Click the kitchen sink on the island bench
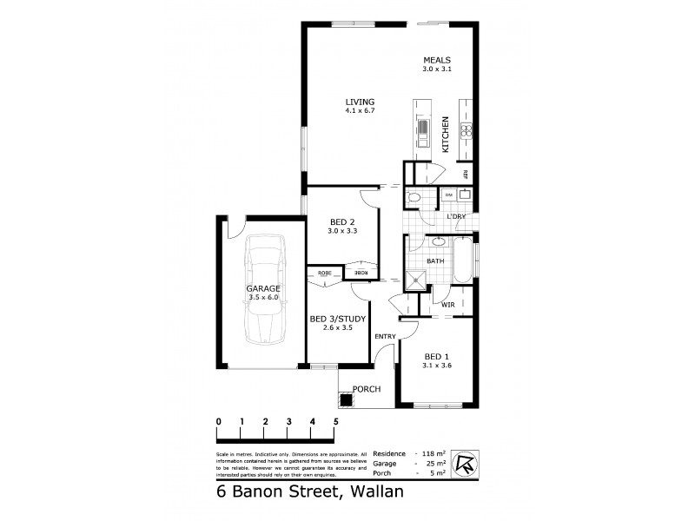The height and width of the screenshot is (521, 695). tap(422, 131)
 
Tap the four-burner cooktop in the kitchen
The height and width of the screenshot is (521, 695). tap(466, 132)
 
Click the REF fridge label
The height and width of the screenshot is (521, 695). tap(466, 175)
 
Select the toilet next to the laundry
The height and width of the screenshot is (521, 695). tap(415, 199)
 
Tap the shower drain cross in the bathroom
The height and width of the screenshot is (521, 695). tap(418, 280)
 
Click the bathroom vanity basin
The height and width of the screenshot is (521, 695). tap(439, 242)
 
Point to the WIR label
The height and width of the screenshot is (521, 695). tap(449, 305)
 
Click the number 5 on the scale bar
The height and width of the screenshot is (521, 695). tap(335, 421)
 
